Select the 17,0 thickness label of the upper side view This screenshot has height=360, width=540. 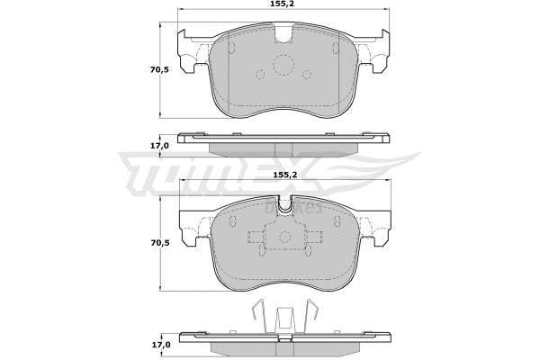click(159, 145)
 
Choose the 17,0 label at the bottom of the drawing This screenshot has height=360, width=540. click(159, 344)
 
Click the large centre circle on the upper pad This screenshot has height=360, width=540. click(284, 66)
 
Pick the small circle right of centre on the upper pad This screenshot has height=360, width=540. click(309, 76)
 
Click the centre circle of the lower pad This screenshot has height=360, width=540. click(284, 238)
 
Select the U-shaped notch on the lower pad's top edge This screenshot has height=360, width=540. click(284, 208)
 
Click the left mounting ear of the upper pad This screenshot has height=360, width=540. click(191, 49)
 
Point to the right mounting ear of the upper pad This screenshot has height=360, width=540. click(377, 49)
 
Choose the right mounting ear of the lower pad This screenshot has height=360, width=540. click(378, 225)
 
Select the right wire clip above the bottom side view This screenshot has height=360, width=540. click(313, 317)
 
